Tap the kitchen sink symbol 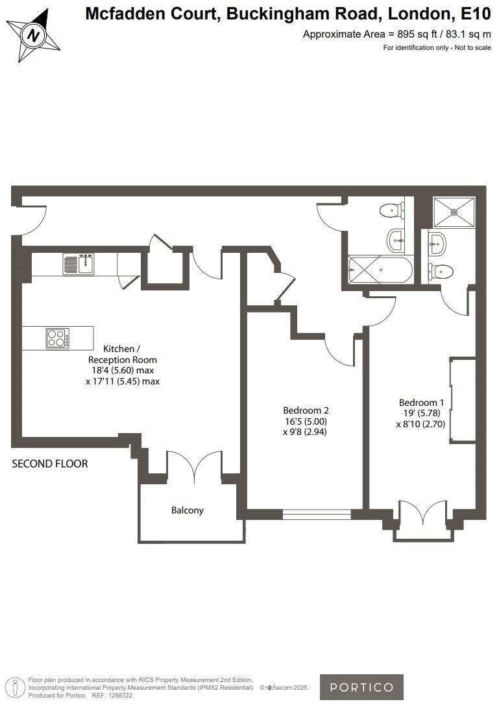(79, 264)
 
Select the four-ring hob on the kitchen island (57, 338)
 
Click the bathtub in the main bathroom (380, 270)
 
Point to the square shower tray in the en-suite (454, 211)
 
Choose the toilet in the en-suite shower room (440, 271)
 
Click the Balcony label (188, 510)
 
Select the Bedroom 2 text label (306, 410)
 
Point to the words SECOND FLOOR (50, 464)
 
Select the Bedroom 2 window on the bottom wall (317, 514)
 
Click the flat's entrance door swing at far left (30, 220)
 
